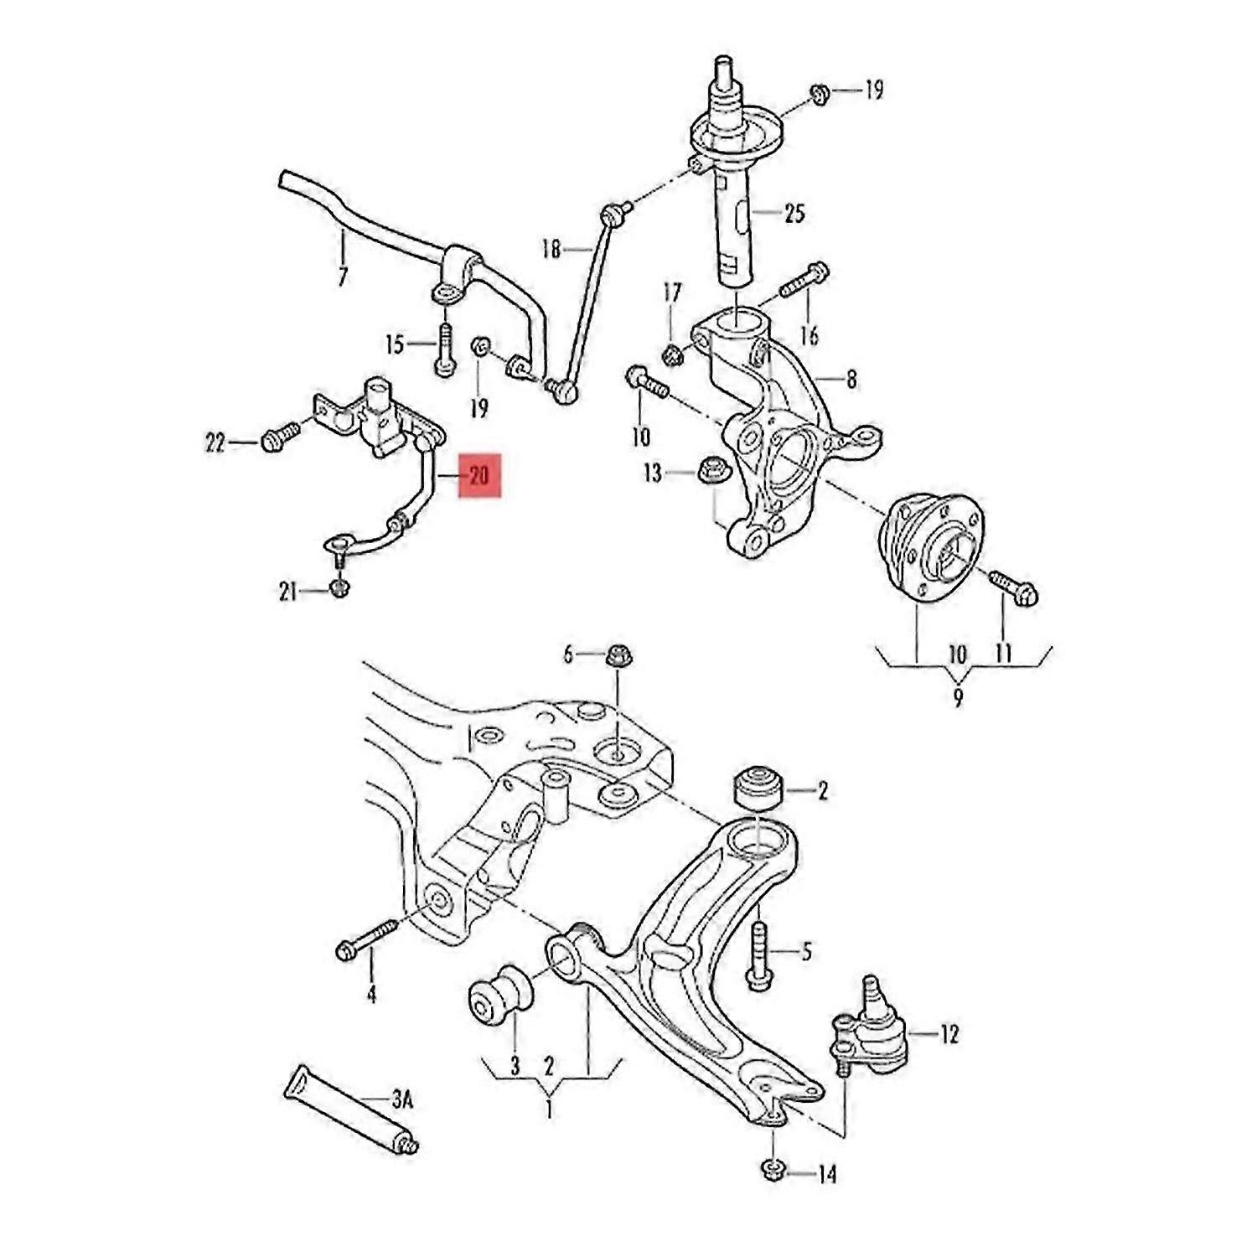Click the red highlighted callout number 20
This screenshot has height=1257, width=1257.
(479, 476)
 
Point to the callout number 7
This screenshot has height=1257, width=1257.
(342, 277)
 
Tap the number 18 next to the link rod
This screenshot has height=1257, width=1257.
(551, 249)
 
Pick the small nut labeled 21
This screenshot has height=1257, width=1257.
(339, 588)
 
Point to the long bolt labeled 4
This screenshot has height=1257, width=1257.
(369, 939)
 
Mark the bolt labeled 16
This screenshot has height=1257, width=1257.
(804, 281)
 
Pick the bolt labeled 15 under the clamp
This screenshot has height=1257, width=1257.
(443, 349)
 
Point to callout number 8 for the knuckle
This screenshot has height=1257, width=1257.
(851, 380)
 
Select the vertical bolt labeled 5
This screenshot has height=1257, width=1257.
(757, 956)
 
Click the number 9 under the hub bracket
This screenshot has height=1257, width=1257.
(958, 696)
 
